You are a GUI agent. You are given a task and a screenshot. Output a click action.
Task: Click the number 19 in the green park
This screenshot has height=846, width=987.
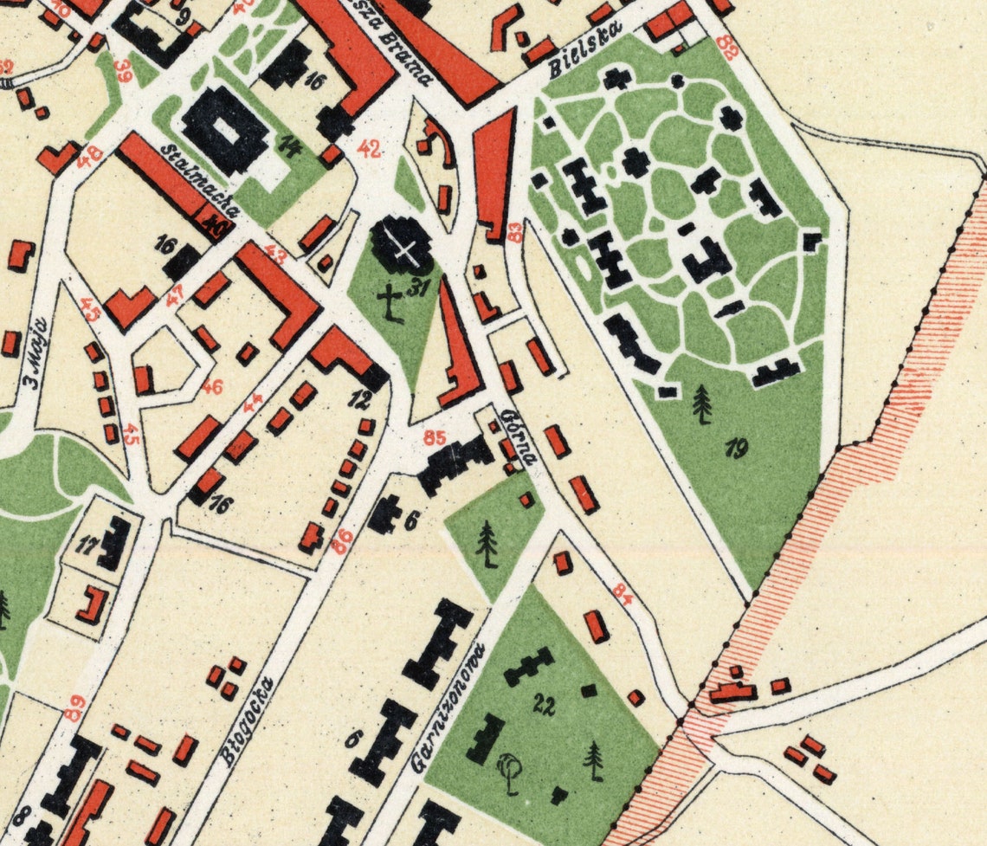(x=737, y=448)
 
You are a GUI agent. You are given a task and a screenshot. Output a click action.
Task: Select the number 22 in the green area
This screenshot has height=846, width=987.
(x=544, y=704)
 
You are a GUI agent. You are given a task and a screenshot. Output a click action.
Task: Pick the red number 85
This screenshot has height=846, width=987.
(x=435, y=438)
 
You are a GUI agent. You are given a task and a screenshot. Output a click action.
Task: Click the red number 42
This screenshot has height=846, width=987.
(x=370, y=150)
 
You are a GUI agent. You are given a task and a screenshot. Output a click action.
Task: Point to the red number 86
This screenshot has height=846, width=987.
(x=343, y=542)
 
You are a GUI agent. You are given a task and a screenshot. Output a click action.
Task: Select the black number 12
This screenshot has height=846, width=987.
(x=360, y=399)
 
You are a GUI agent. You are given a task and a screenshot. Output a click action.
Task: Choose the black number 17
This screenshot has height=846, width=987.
(x=87, y=546)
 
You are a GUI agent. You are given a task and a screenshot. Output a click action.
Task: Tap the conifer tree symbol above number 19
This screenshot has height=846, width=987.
(x=702, y=404)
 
